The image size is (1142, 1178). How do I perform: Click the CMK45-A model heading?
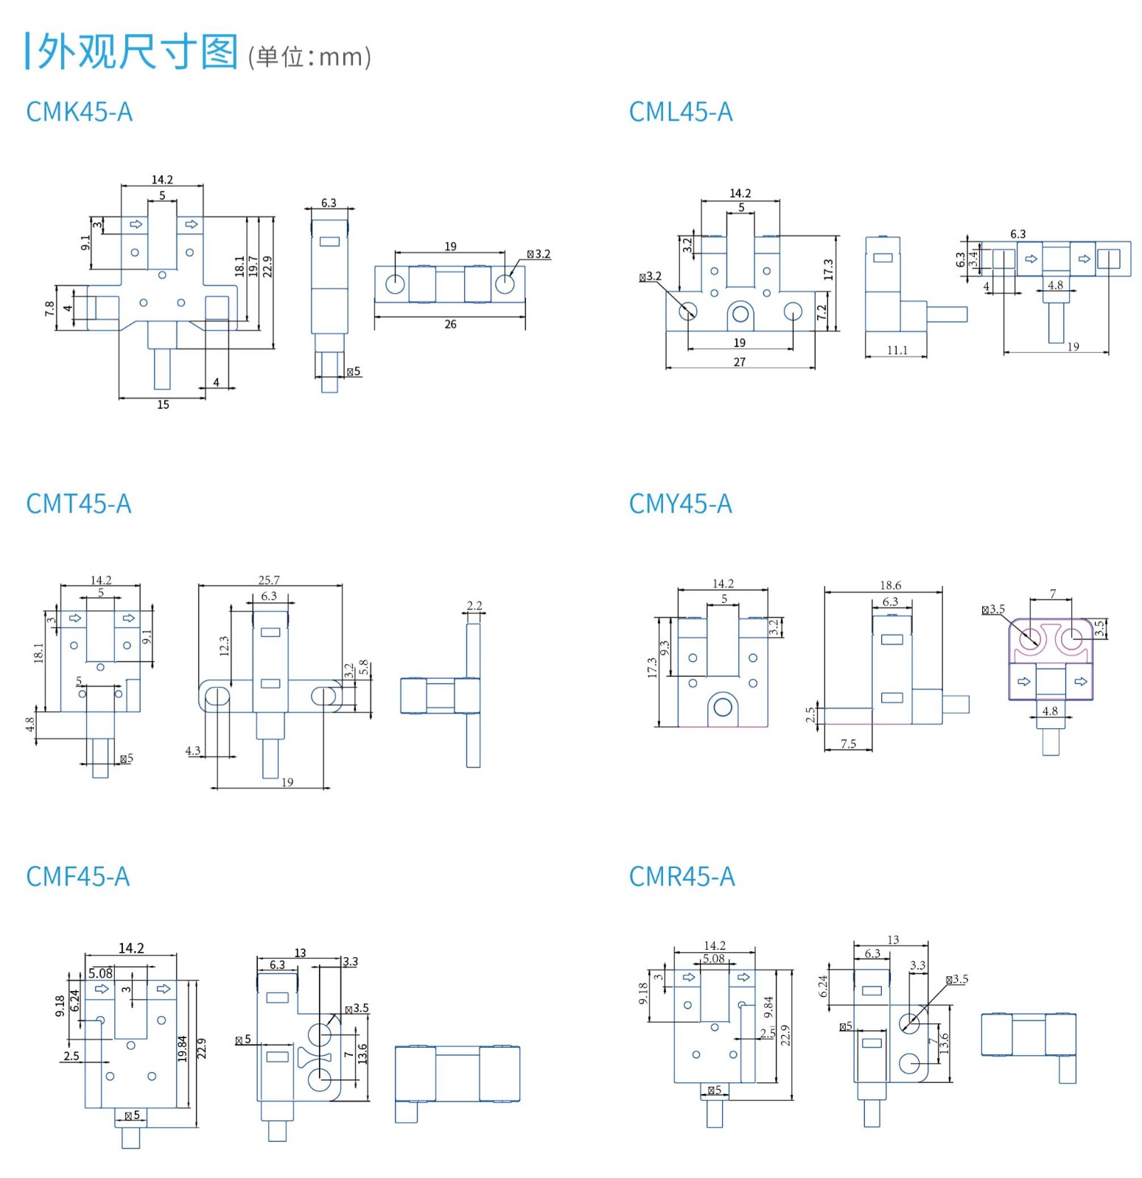coord(79,112)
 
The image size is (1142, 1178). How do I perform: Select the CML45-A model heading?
coord(681,112)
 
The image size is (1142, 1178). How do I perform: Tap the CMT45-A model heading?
coord(78,504)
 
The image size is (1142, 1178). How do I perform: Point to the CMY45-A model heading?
coord(680,504)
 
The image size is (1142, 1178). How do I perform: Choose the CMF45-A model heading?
coord(77,876)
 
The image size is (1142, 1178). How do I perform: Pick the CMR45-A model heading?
coord(682,876)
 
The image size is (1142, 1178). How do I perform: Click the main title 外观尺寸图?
coord(137,52)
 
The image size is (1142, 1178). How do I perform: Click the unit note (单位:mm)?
coord(309,57)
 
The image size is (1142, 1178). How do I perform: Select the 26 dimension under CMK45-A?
coord(450,324)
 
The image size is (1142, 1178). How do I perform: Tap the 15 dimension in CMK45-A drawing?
coord(163,404)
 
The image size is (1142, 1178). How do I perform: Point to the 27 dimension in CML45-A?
coord(739,361)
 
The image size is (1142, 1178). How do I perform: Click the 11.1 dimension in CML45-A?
coord(897,350)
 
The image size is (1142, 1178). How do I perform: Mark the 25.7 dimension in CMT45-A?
coord(269,580)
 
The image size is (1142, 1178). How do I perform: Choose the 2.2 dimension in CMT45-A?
coord(474,606)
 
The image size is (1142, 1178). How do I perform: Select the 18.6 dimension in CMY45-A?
coord(890,585)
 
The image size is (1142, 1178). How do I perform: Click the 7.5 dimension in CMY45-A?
coord(848,744)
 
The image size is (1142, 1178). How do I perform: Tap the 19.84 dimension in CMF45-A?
coord(183,1048)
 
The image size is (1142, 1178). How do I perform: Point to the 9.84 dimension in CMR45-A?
coord(768,1007)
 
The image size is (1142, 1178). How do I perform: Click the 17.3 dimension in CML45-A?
coord(828,269)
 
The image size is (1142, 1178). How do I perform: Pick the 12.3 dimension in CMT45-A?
coord(224,646)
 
